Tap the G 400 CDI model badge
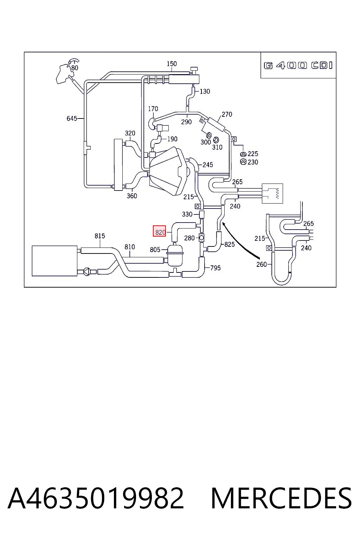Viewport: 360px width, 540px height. pyautogui.click(x=298, y=65)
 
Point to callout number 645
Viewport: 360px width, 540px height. pyautogui.click(x=72, y=118)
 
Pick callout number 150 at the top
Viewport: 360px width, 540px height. pyautogui.click(x=172, y=64)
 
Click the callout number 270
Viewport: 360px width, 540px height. pyautogui.click(x=227, y=114)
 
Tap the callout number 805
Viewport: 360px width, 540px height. pyautogui.click(x=155, y=250)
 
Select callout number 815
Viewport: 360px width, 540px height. pyautogui.click(x=99, y=236)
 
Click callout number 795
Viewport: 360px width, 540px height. pyautogui.click(x=215, y=268)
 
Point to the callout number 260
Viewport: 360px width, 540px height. pyautogui.click(x=261, y=264)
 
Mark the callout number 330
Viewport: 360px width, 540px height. pyautogui.click(x=187, y=214)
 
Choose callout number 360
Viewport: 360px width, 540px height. pyautogui.click(x=132, y=196)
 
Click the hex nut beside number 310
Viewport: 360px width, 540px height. pyautogui.click(x=216, y=140)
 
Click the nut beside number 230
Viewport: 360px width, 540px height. pyautogui.click(x=243, y=162)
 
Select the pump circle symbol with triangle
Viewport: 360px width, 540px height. pyautogui.click(x=87, y=272)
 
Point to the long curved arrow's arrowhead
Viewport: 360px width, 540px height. pyautogui.click(x=224, y=224)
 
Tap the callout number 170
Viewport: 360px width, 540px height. pyautogui.click(x=153, y=109)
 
